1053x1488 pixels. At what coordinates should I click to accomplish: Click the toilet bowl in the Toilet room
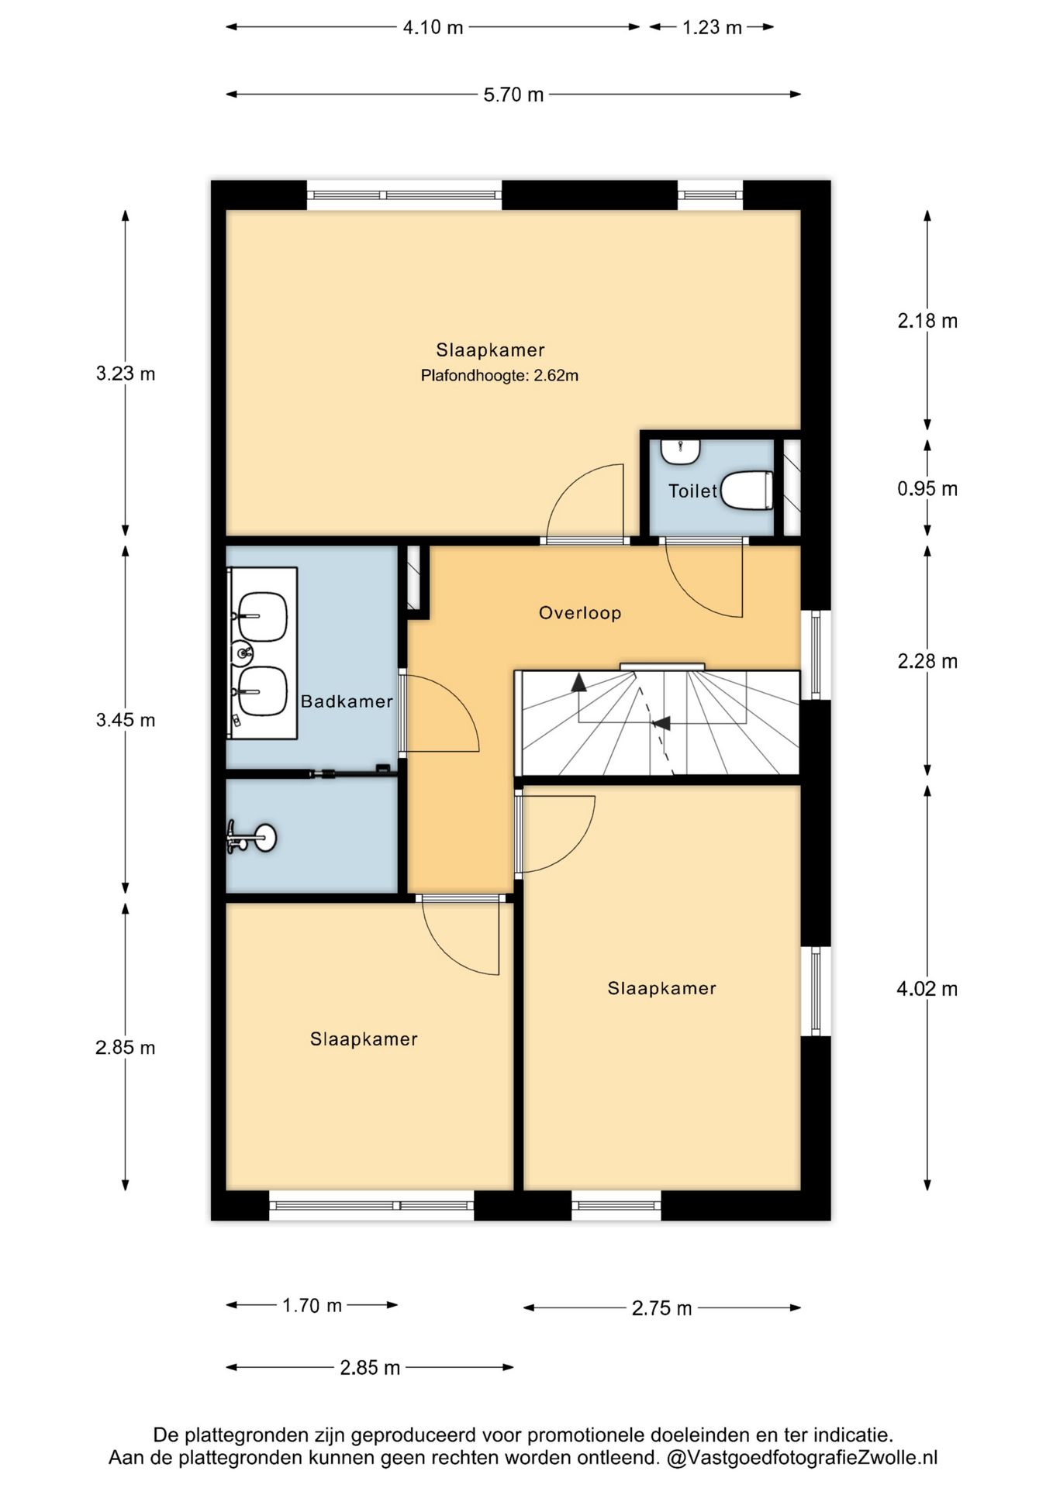[x=747, y=490]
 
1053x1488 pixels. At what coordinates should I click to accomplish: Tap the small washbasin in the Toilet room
[x=680, y=451]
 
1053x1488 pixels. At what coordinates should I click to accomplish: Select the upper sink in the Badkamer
[x=262, y=617]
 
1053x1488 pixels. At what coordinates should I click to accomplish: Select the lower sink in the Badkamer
[x=262, y=691]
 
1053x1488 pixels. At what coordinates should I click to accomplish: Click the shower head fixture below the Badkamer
[x=251, y=837]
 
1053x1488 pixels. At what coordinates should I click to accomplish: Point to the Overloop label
[x=580, y=613]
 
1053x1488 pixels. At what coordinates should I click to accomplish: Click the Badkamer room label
[x=347, y=701]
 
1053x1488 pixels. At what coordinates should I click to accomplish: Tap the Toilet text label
[x=693, y=491]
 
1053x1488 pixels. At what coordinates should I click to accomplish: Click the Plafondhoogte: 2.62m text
[x=499, y=376]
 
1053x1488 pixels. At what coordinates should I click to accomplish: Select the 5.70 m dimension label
[x=513, y=95]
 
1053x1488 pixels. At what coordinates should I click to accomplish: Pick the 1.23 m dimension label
[x=712, y=27]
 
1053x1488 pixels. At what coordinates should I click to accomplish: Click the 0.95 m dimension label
[x=927, y=489]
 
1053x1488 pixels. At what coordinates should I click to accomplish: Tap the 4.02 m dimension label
[x=927, y=989]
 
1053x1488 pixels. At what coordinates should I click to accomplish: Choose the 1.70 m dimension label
[x=312, y=1306]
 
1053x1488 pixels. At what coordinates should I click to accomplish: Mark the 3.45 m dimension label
[x=126, y=720]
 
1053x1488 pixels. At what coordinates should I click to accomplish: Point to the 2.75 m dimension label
[x=661, y=1309]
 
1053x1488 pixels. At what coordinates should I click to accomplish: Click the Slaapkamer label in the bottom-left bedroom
[x=364, y=1039]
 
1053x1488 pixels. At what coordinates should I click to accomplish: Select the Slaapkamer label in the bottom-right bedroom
[x=661, y=988]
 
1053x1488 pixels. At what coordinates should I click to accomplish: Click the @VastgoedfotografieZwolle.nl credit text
[x=802, y=1458]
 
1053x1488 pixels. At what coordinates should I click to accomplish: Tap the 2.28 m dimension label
[x=927, y=661]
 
